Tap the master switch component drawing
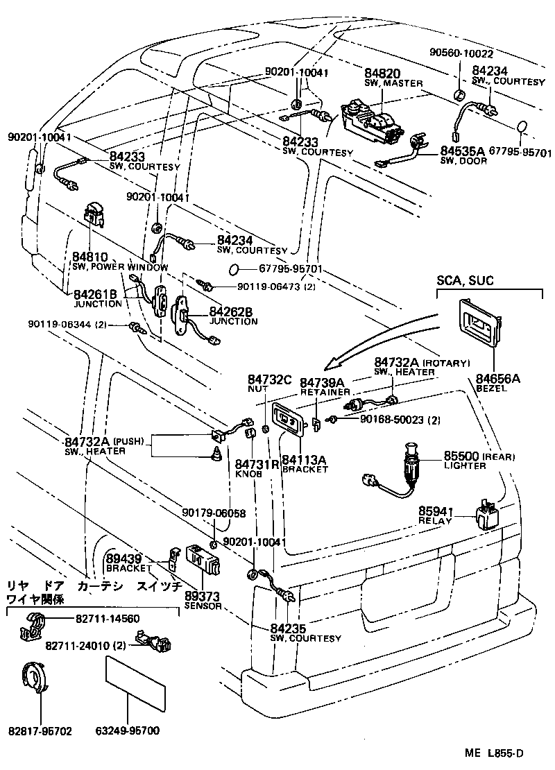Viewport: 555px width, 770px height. click(x=370, y=123)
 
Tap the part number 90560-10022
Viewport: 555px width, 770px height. click(x=461, y=54)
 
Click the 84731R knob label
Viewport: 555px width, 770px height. click(x=248, y=465)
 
